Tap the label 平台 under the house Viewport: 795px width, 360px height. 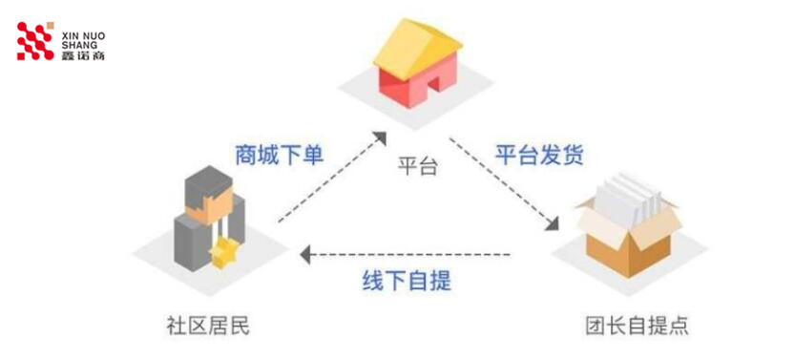tap(417, 166)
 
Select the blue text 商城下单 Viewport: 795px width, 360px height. tap(279, 155)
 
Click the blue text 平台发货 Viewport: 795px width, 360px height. tap(538, 155)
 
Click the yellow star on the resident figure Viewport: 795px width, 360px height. tap(226, 252)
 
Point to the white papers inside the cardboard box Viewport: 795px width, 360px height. tap(628, 197)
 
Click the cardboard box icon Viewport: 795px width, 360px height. tap(631, 229)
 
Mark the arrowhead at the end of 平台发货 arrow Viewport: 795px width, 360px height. tap(552, 225)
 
